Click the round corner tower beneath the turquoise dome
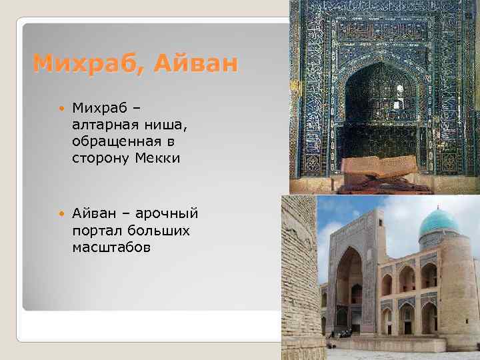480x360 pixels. click(456, 287)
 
